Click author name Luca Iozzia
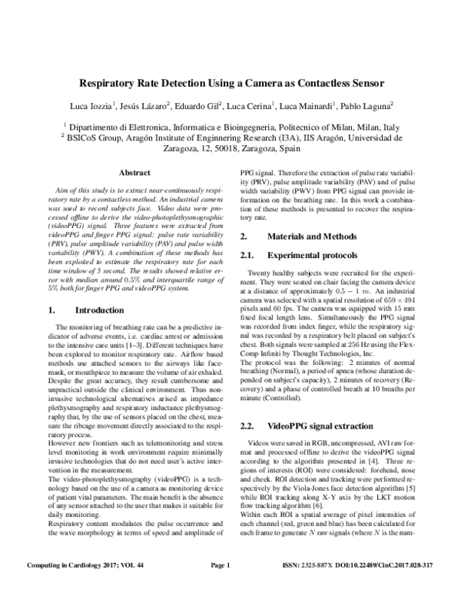pyautogui.click(x=112, y=105)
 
